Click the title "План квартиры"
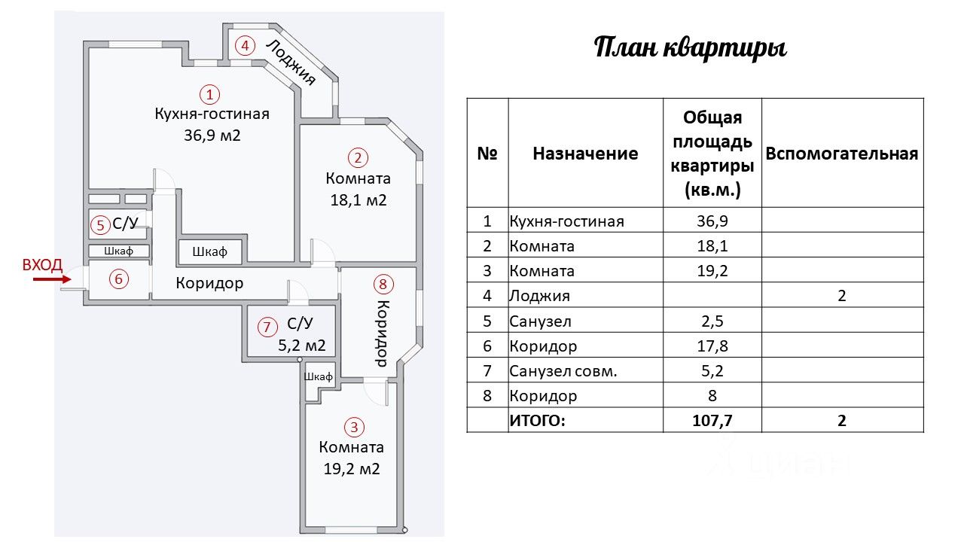691,48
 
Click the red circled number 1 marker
210,95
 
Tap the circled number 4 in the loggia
243,45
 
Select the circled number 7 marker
266,327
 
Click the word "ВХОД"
42,264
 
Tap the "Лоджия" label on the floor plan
290,62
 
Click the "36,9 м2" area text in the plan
211,135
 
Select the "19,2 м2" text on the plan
351,468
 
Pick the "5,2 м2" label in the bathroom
302,346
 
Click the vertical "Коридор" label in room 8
382,333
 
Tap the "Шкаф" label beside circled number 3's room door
319,376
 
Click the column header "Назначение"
585,154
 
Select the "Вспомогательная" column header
841,154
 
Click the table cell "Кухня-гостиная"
566,221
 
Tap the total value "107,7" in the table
712,420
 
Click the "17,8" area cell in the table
712,346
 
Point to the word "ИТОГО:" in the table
537,420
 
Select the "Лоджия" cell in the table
539,296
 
